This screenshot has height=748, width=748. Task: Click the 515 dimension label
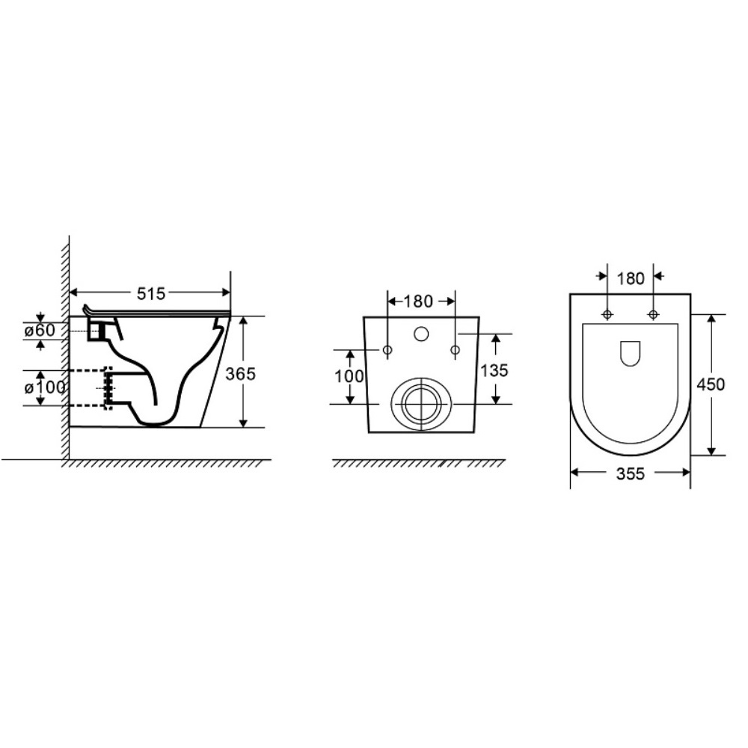tap(151, 293)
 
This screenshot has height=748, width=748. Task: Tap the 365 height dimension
tap(240, 373)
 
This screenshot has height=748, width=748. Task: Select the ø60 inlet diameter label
tap(40, 330)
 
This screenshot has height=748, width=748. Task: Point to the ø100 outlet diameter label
tap(45, 387)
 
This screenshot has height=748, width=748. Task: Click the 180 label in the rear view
tap(418, 301)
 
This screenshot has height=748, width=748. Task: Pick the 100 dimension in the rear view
tap(349, 376)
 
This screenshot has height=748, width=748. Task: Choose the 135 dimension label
tap(494, 370)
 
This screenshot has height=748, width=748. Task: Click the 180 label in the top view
tap(631, 278)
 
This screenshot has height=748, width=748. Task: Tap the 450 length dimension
tap(711, 384)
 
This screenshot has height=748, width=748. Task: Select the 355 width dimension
tap(630, 473)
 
